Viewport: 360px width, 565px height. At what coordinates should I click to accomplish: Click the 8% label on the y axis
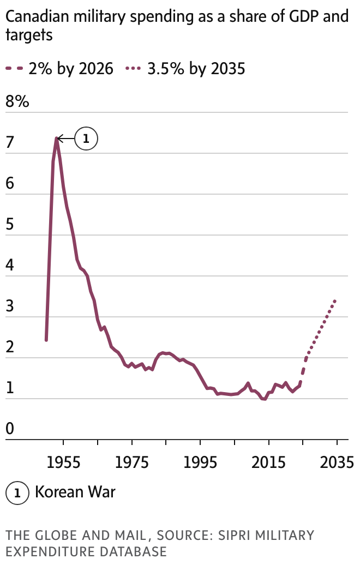(17, 102)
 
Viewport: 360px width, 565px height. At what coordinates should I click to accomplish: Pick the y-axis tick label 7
(9, 143)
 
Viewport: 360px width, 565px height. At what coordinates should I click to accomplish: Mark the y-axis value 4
(9, 266)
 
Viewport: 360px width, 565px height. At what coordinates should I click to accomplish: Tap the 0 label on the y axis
(9, 430)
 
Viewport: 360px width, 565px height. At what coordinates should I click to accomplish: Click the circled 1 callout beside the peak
(86, 139)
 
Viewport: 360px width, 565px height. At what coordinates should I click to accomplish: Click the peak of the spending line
(56, 139)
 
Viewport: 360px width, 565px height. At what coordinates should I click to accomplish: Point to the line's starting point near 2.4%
(46, 340)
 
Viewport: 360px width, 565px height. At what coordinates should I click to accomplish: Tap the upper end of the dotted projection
(335, 300)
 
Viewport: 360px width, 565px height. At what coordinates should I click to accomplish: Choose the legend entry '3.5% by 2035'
(186, 69)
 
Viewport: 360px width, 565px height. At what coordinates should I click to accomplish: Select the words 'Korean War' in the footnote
(75, 492)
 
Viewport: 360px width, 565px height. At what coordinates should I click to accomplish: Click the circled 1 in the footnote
(17, 492)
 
